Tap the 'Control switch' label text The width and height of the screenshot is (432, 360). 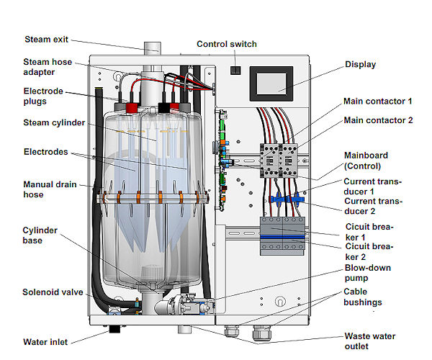pos(227,44)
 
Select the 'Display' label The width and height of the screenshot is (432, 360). pos(360,65)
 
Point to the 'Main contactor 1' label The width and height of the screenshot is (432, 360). pos(378,101)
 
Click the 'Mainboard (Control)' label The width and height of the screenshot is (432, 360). pos(375,159)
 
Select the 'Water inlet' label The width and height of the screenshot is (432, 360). pos(47,342)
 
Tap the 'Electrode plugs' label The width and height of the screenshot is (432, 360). pos(43,96)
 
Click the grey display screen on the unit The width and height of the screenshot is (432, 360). pos(271,84)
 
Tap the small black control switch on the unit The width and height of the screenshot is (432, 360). pos(235,70)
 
